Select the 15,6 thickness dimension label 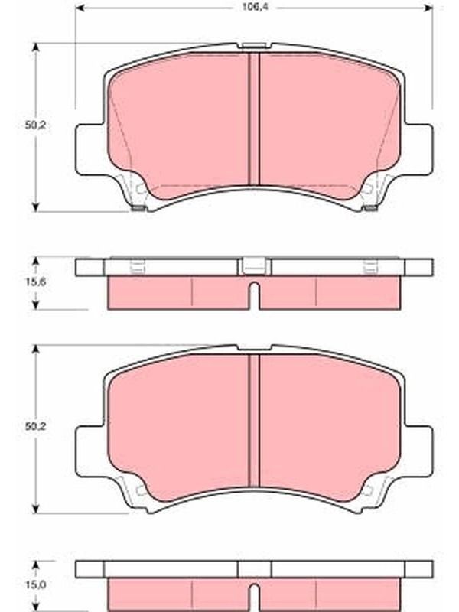[x=35, y=282]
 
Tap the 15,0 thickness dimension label [x=35, y=584]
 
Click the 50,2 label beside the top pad [x=35, y=125]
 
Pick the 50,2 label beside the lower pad [x=35, y=427]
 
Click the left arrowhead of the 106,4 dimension [x=80, y=8]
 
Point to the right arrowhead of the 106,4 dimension [x=428, y=8]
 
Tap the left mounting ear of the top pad [x=90, y=149]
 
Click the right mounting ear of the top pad [x=418, y=149]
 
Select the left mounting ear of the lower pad [x=90, y=451]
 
